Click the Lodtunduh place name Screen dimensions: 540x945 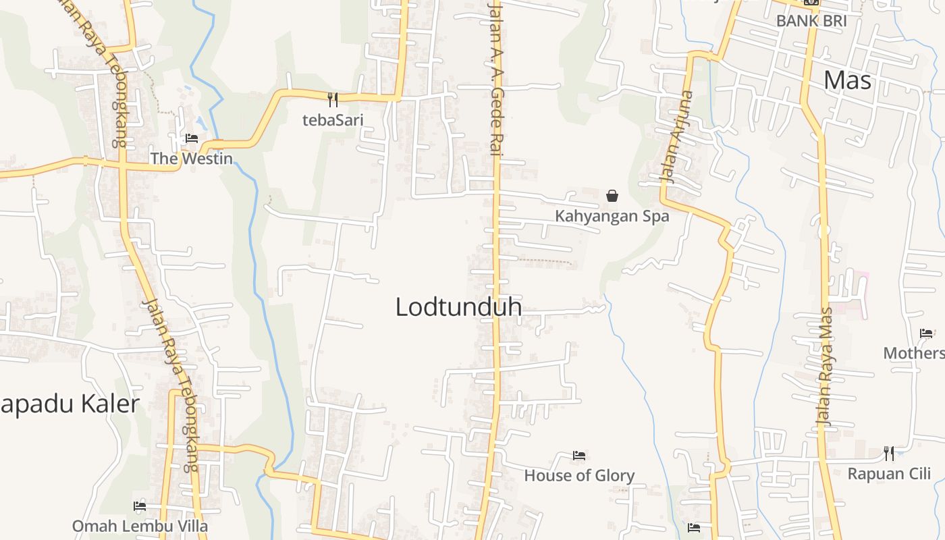click(458, 307)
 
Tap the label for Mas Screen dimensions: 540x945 click(848, 80)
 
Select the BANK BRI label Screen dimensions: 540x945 click(811, 20)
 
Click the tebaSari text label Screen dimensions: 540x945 click(333, 120)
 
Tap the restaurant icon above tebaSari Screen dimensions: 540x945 click(332, 100)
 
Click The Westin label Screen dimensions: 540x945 click(191, 159)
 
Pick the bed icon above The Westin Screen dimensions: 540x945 click(192, 138)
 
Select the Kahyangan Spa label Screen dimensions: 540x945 click(612, 216)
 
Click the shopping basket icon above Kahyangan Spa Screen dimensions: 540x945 click(612, 196)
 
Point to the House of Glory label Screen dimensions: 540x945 click(579, 475)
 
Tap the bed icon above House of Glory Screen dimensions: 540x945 click(578, 456)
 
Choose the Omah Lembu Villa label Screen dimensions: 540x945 click(140, 526)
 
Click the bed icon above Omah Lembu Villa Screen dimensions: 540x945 click(140, 506)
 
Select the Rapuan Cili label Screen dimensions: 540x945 click(889, 473)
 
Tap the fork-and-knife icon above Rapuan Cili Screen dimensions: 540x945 click(889, 453)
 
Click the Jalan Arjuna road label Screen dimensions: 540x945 click(676, 137)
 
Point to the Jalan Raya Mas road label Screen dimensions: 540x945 click(825, 366)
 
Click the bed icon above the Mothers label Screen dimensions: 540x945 click(926, 333)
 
